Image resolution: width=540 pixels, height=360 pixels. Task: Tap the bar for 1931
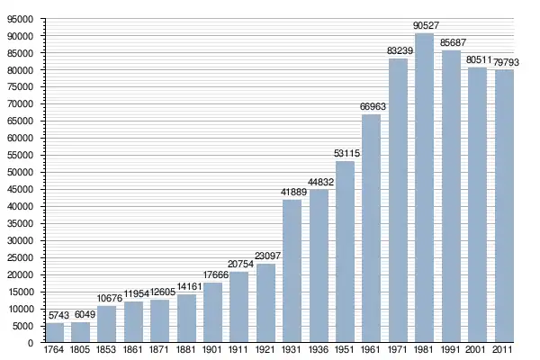pos(292,271)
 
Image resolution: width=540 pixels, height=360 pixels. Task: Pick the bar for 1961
pos(371,229)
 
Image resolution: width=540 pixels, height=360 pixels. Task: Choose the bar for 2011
pos(503,206)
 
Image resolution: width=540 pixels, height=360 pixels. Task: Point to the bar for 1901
pos(212,312)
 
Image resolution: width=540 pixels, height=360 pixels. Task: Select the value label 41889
pos(292,192)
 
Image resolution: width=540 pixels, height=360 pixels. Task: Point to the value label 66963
pos(371,107)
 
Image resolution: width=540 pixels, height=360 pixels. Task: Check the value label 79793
pos(505,62)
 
